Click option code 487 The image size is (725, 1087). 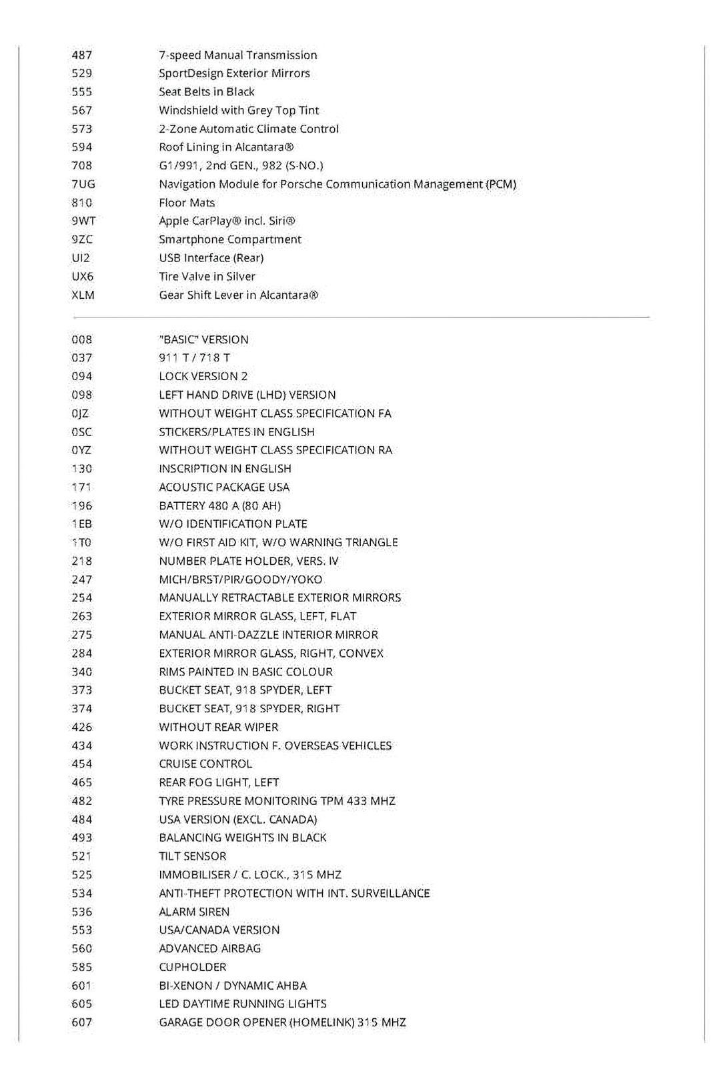[81, 55]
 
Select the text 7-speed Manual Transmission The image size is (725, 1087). [237, 55]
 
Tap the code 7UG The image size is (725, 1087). [83, 184]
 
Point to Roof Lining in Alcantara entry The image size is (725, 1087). [226, 147]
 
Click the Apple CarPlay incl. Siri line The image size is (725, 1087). [227, 221]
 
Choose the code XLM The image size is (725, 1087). [83, 295]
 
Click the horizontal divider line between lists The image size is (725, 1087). [360, 317]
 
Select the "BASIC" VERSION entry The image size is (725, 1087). [203, 339]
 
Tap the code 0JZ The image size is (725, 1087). [81, 413]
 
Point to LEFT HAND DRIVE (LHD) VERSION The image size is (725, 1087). [247, 395]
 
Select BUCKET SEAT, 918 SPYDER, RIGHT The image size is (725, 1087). [249, 709]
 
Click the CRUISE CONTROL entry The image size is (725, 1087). [205, 764]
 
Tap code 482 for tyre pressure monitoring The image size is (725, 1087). [81, 801]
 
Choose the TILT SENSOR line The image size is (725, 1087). [192, 856]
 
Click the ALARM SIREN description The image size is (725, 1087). [193, 912]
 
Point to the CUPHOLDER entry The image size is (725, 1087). [192, 967]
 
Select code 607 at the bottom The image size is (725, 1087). [81, 1022]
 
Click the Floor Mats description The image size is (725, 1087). [187, 203]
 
